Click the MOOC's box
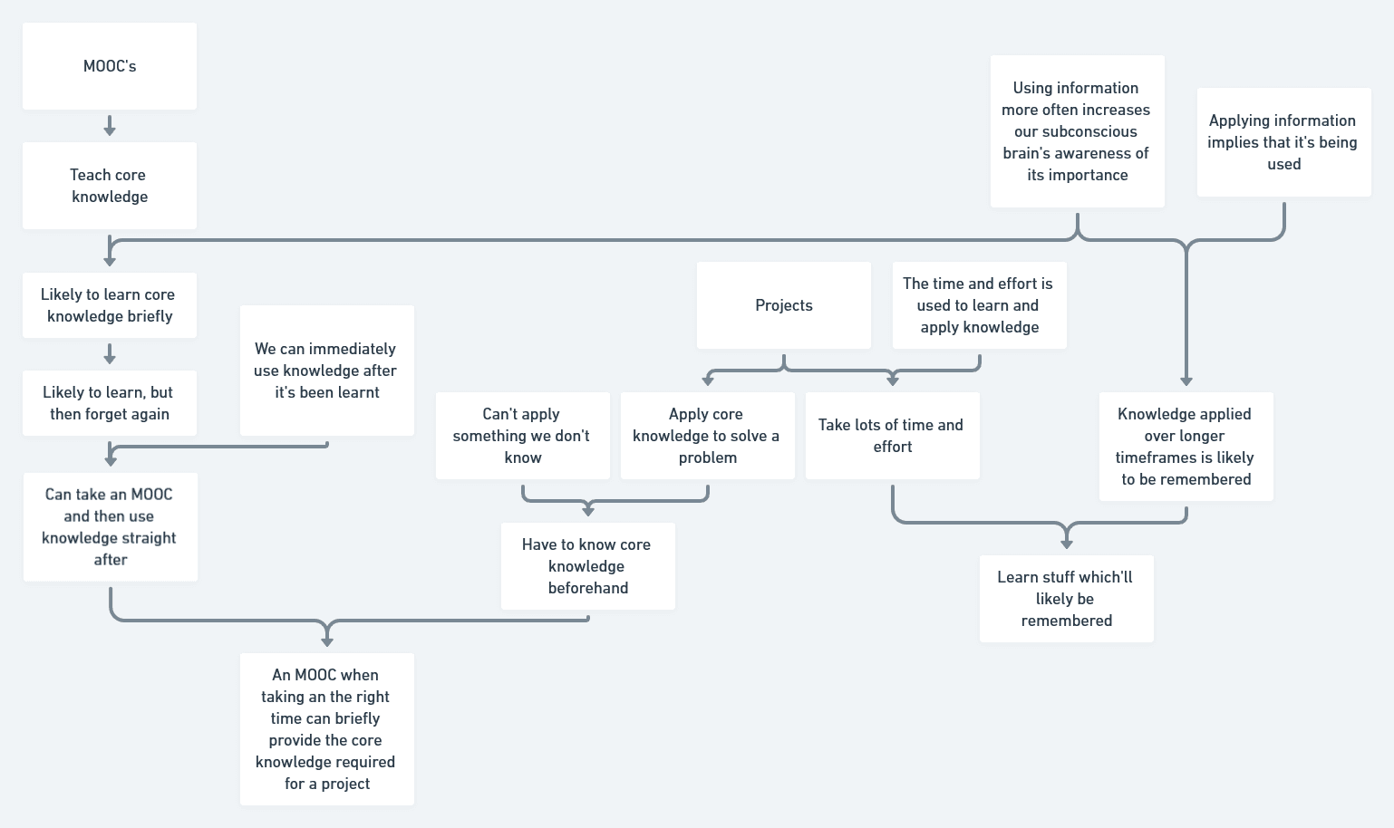(110, 66)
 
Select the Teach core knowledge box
(110, 186)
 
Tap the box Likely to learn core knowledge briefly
(110, 305)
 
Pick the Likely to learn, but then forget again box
(110, 403)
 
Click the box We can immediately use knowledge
(327, 371)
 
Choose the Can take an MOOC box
(110, 526)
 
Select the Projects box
(784, 305)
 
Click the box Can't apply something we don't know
(523, 436)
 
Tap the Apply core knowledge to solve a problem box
(708, 436)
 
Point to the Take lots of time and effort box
(893, 436)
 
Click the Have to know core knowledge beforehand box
(588, 566)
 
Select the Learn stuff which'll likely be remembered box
(1067, 599)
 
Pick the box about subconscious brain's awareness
(1078, 131)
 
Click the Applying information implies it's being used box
(1284, 142)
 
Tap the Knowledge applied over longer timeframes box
(1186, 447)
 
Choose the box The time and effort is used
(980, 305)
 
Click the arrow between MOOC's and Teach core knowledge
(110, 126)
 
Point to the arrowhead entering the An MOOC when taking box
(327, 640)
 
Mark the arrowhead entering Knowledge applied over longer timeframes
(1186, 380)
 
